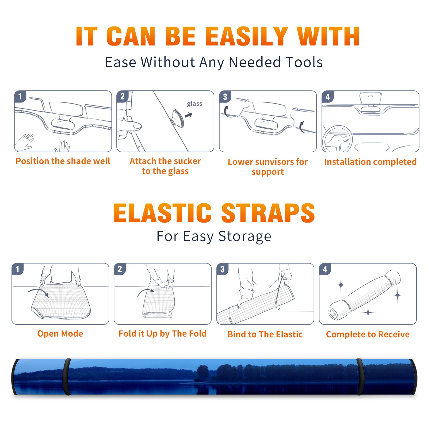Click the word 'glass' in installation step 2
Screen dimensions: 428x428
(x=194, y=104)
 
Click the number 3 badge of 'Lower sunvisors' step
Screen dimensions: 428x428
(x=225, y=97)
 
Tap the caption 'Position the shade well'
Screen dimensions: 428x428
(x=63, y=161)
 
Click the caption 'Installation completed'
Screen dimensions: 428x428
(x=370, y=162)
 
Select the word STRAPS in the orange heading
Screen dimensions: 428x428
(x=268, y=213)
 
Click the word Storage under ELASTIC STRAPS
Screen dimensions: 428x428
(x=245, y=236)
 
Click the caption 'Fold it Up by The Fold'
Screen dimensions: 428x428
(x=163, y=334)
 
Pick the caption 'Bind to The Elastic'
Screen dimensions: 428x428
(x=265, y=334)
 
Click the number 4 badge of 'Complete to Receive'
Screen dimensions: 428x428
(x=325, y=269)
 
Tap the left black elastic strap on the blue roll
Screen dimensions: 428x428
(x=67, y=377)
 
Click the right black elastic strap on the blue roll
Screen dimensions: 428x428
(x=360, y=377)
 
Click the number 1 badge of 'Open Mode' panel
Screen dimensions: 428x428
(x=18, y=269)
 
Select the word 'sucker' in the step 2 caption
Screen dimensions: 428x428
(x=188, y=161)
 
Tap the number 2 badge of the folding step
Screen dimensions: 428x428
(x=120, y=269)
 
